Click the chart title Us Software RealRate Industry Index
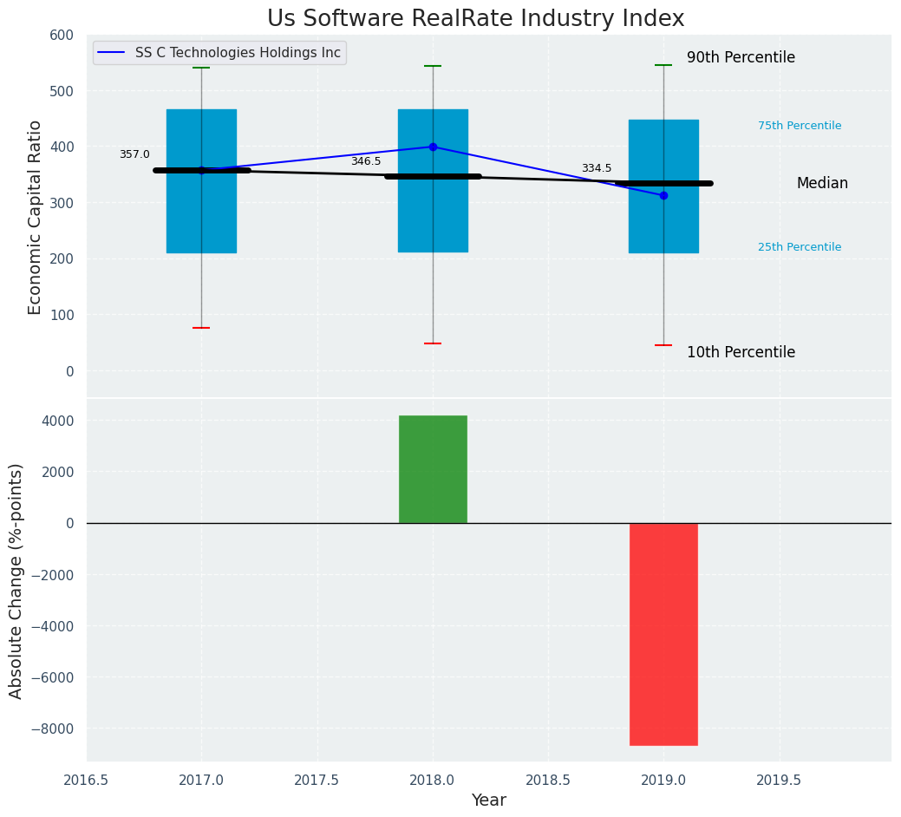[x=475, y=18]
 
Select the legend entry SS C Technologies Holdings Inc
[x=237, y=53]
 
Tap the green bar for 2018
[x=433, y=469]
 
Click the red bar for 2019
[x=663, y=634]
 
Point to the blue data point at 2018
[x=433, y=147]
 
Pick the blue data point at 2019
[x=663, y=195]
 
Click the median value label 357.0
[x=134, y=154]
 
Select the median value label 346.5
[x=366, y=161]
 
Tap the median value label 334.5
[x=597, y=168]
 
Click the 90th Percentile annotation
[x=741, y=58]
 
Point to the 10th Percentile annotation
[x=741, y=353]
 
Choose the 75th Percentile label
[x=800, y=126]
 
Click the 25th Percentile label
[x=800, y=247]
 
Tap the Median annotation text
[x=822, y=184]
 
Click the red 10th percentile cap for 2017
[x=201, y=328]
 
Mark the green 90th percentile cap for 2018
[x=433, y=66]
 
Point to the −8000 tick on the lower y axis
[x=53, y=729]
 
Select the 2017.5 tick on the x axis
[x=317, y=780]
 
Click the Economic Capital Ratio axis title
[x=36, y=217]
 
